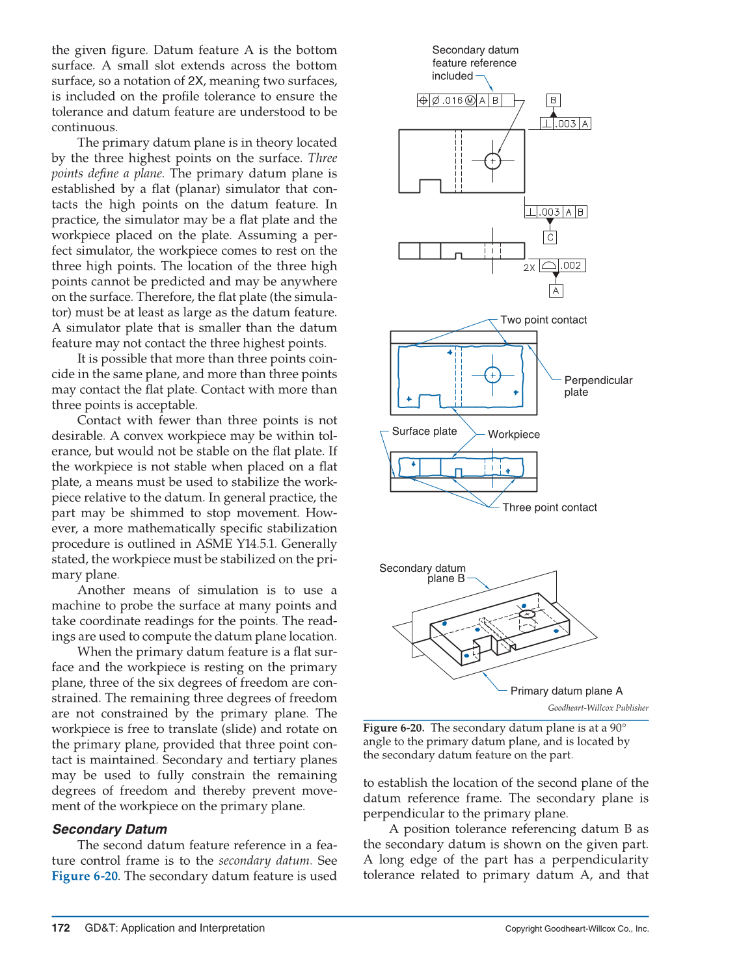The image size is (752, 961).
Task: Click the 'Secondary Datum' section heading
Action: click(109, 829)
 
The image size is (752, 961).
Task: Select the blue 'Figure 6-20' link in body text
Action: click(85, 876)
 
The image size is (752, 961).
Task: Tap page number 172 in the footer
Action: click(60, 928)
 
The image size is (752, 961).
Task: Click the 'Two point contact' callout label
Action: click(543, 320)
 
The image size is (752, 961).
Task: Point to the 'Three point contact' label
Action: click(550, 507)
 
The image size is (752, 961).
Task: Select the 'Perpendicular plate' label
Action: click(598, 386)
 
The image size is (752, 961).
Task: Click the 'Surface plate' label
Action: click(424, 431)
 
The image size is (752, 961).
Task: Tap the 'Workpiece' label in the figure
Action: click(514, 435)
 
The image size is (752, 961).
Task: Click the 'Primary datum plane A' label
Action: click(566, 691)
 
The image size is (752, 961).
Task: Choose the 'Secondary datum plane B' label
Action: click(423, 573)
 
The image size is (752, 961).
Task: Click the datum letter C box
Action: click(550, 238)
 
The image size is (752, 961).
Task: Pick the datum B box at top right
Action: click(553, 100)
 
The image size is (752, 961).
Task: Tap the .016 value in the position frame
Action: click(453, 101)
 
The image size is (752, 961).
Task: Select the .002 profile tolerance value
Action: click(572, 266)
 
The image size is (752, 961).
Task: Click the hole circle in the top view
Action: click(493, 160)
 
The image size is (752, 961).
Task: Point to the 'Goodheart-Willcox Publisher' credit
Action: click(598, 708)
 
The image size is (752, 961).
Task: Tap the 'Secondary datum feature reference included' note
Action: click(474, 63)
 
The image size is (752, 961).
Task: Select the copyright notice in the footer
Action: click(576, 929)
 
